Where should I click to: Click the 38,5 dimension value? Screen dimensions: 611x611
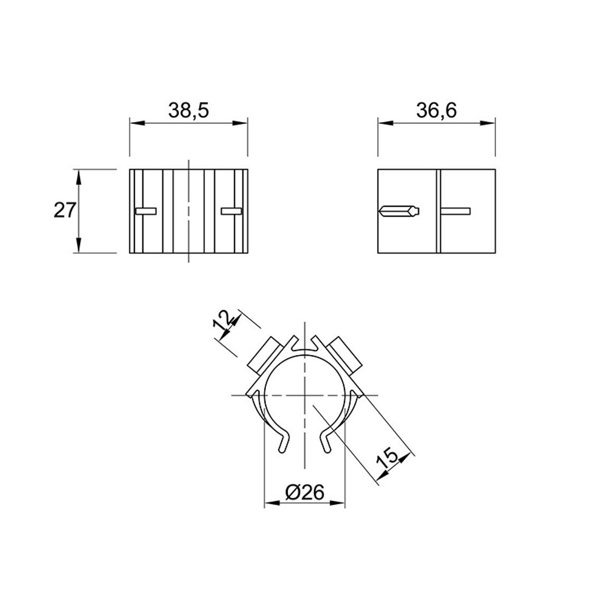tap(189, 110)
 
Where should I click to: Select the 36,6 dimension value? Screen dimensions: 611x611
tap(437, 110)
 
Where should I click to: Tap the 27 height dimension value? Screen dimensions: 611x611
tap(64, 211)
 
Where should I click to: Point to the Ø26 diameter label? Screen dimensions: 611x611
tap(304, 493)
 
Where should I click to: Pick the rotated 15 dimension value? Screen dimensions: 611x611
tap(388, 458)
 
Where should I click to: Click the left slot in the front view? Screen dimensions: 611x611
tap(146, 211)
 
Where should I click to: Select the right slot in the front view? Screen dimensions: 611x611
tap(232, 211)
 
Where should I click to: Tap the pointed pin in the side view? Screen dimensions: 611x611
tap(399, 211)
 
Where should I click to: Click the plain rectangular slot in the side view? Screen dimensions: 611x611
tap(455, 211)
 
